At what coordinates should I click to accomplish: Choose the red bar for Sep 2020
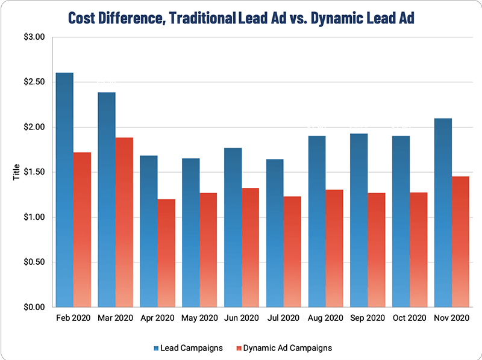click(377, 250)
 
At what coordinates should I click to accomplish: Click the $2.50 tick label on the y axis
click(34, 82)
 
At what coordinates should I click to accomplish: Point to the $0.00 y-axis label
click(34, 307)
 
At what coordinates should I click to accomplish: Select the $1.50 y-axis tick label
click(34, 172)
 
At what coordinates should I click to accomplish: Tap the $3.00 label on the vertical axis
click(34, 37)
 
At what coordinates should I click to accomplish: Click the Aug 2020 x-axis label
click(325, 317)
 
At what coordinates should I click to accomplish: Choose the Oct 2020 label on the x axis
click(410, 317)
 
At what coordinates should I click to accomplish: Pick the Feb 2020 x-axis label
click(73, 317)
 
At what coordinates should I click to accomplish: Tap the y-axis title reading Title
click(16, 172)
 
